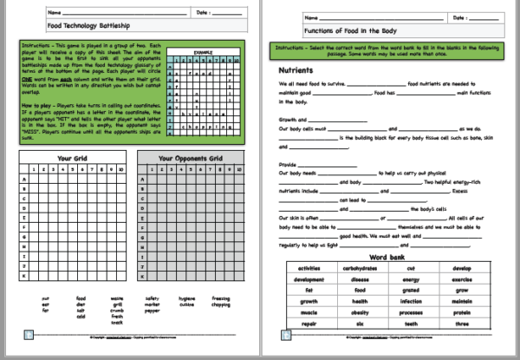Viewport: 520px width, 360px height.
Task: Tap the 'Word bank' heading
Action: click(x=383, y=257)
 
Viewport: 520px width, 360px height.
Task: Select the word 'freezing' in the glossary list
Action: click(x=220, y=298)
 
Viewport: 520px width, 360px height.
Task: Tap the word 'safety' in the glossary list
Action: click(x=153, y=298)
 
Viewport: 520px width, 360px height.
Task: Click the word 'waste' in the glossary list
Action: click(x=116, y=298)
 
